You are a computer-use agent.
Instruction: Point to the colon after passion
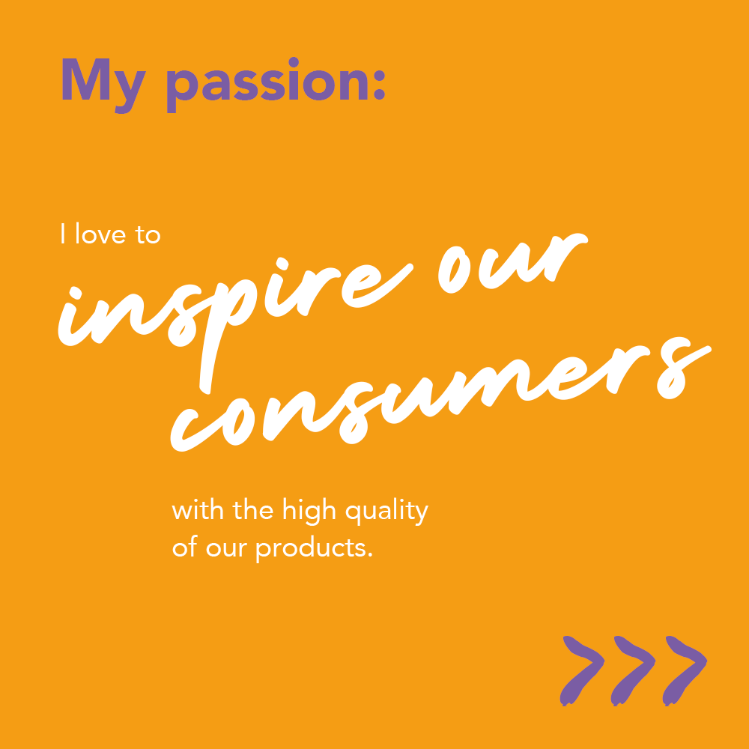(379, 85)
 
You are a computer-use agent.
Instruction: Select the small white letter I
(63, 234)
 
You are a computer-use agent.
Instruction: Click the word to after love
(148, 234)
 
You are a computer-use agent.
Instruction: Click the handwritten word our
(514, 263)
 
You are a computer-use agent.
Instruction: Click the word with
(198, 510)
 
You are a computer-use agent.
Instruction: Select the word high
(309, 512)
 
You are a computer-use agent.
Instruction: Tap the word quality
(387, 512)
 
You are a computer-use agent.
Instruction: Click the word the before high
(252, 510)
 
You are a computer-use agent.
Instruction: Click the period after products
(370, 555)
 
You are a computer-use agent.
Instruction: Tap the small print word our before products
(226, 548)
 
